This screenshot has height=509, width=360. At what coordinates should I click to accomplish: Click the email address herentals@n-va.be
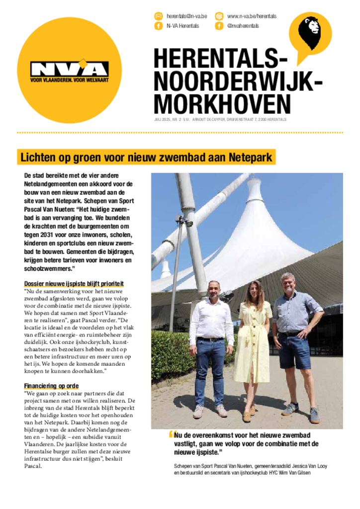pyautogui.click(x=186, y=16)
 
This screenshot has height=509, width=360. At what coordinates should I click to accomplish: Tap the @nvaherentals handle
pyautogui.click(x=243, y=26)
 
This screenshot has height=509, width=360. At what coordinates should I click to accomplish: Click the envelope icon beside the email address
pyautogui.click(x=159, y=16)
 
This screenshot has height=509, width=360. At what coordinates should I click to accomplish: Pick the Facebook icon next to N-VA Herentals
pyautogui.click(x=159, y=26)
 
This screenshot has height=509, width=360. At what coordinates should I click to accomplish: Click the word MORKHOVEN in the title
pyautogui.click(x=222, y=104)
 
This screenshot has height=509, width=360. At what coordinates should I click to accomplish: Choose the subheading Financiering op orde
pyautogui.click(x=51, y=386)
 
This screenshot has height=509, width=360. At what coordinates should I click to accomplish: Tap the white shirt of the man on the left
pyautogui.click(x=211, y=321)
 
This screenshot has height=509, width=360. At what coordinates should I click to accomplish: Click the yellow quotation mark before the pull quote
pyautogui.click(x=171, y=434)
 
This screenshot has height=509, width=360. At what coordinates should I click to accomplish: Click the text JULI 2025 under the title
pyautogui.click(x=162, y=120)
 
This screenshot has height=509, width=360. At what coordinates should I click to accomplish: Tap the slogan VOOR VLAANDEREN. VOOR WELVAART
pyautogui.click(x=69, y=80)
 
